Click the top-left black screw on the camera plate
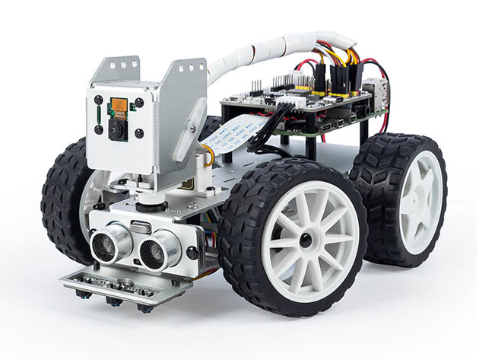(98, 100)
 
